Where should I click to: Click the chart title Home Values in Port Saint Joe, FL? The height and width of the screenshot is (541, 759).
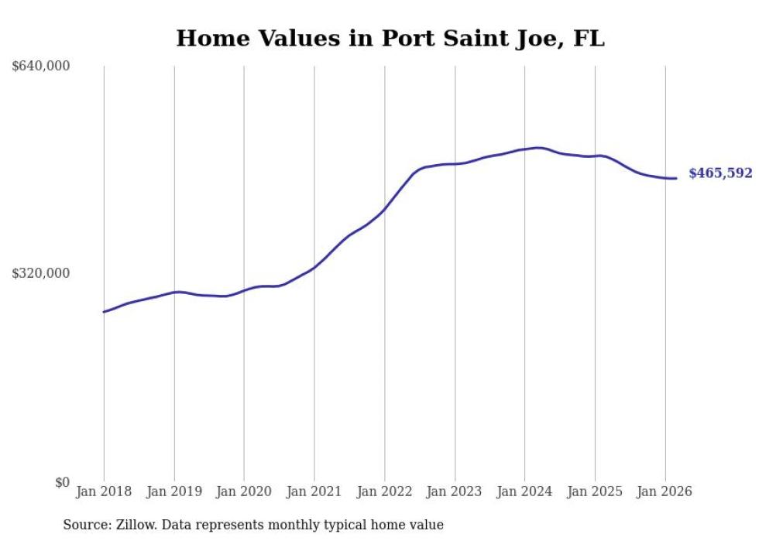click(x=390, y=38)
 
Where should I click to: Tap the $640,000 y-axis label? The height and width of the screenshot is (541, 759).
click(x=41, y=67)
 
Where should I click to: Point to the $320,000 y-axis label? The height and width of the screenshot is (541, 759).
click(x=41, y=273)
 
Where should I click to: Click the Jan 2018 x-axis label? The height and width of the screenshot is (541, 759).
click(x=104, y=491)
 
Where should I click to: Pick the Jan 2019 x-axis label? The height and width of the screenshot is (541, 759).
click(x=174, y=491)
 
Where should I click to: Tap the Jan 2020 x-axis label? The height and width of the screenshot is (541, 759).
click(x=244, y=491)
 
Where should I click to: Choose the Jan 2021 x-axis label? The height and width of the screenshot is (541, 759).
click(x=314, y=491)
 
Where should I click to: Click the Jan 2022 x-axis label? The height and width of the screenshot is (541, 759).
click(x=384, y=491)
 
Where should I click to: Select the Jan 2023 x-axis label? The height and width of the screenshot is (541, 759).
click(x=455, y=491)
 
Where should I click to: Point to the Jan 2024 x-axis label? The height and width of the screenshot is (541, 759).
click(x=524, y=491)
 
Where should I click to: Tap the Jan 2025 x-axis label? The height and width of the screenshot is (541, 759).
click(x=595, y=491)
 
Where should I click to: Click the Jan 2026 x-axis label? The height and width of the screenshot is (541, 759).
click(x=665, y=491)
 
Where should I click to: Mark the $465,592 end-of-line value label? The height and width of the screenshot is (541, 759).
click(x=720, y=173)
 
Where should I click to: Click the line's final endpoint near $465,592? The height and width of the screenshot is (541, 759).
click(x=676, y=179)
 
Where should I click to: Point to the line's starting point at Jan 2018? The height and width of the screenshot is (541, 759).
click(x=104, y=312)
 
